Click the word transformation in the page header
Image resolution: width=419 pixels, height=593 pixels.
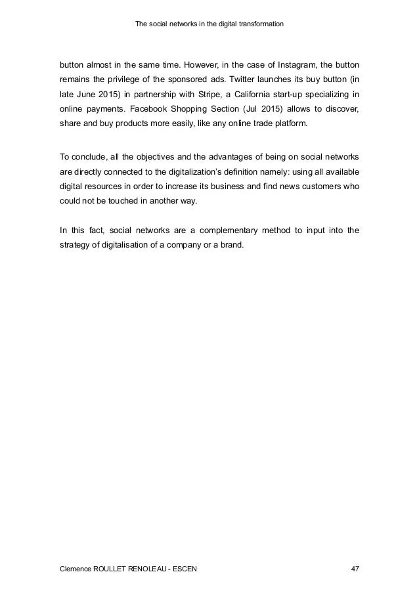coord(257,25)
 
